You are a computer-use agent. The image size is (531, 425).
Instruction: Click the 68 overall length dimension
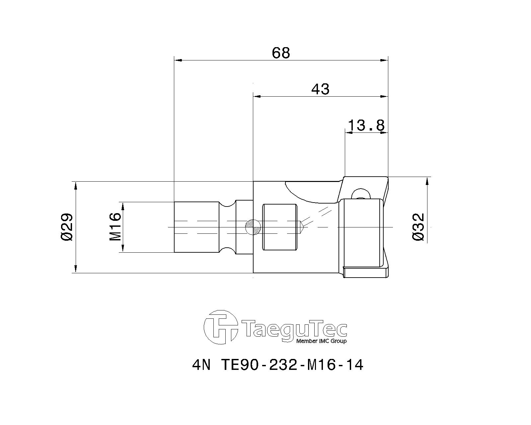[281, 53]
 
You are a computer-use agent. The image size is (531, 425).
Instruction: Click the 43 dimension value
[321, 89]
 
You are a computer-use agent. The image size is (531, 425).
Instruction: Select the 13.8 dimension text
[366, 126]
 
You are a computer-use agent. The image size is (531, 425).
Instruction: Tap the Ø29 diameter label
[67, 227]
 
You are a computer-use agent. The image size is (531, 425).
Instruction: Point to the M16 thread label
[115, 227]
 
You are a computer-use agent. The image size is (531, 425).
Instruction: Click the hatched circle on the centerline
[253, 227]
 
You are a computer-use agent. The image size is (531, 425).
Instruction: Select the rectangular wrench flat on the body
[279, 227]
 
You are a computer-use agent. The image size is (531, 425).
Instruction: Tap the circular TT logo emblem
[221, 327]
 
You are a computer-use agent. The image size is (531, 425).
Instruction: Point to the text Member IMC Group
[321, 341]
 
